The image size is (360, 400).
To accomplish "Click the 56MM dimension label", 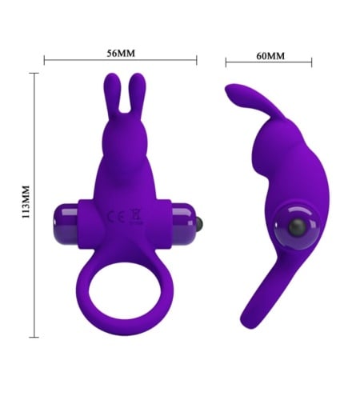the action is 121,54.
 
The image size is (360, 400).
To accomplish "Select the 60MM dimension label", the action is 270,56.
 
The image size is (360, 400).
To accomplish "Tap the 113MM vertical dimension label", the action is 26,202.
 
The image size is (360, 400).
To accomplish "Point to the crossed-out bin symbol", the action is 136,216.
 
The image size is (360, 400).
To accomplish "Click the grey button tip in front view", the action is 199,223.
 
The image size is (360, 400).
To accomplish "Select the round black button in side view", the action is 297,226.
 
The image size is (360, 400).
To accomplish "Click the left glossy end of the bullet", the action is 66,224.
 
